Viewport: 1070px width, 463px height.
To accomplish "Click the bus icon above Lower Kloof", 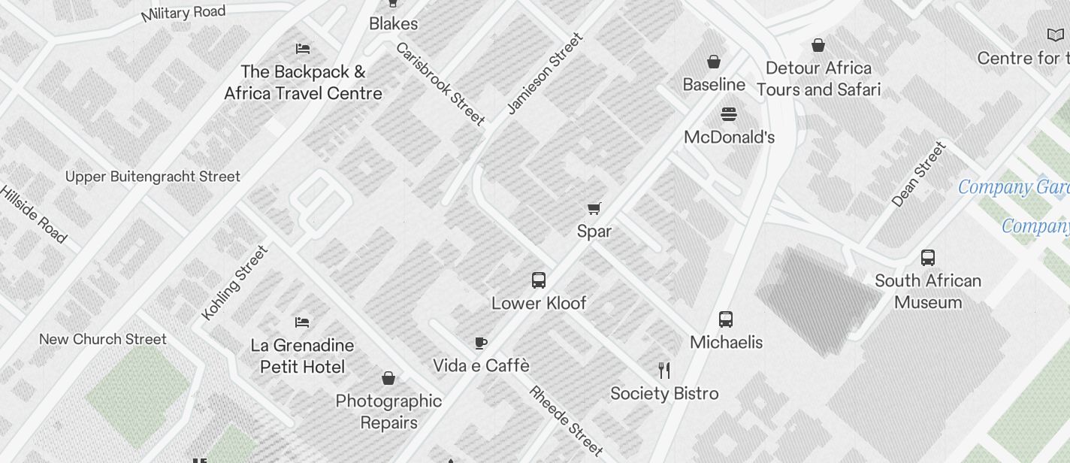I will coord(538,280).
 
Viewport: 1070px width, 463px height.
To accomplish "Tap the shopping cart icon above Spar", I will coord(594,208).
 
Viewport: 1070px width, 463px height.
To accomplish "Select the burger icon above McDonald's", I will coord(729,114).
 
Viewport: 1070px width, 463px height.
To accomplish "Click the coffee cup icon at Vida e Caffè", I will coord(481,343).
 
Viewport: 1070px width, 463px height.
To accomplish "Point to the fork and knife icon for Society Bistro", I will coord(664,370).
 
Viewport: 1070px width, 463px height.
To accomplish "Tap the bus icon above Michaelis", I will coord(726,319).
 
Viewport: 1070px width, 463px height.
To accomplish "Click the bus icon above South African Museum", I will coord(928,258).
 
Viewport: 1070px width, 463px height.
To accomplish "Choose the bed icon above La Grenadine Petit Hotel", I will coord(302,322).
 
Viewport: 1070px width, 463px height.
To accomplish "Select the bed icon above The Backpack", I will coord(303,49).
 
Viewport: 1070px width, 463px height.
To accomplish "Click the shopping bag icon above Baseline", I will coord(714,62).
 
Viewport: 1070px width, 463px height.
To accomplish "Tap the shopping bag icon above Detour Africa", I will coord(818,45).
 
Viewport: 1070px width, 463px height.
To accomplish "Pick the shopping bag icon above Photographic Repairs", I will coord(388,378).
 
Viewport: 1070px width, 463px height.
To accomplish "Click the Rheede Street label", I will coord(566,421).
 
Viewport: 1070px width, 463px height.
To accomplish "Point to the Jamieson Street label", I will coord(545,74).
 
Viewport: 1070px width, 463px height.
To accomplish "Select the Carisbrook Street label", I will coord(440,83).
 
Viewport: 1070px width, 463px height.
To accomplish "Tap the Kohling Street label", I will coord(235,283).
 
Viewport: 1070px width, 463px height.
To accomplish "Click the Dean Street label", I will coord(918,174).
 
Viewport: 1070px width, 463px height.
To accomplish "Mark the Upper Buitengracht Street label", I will coord(153,177).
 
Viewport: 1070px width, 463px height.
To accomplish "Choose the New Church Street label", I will coord(103,339).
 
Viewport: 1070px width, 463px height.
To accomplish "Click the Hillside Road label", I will coord(34,213).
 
